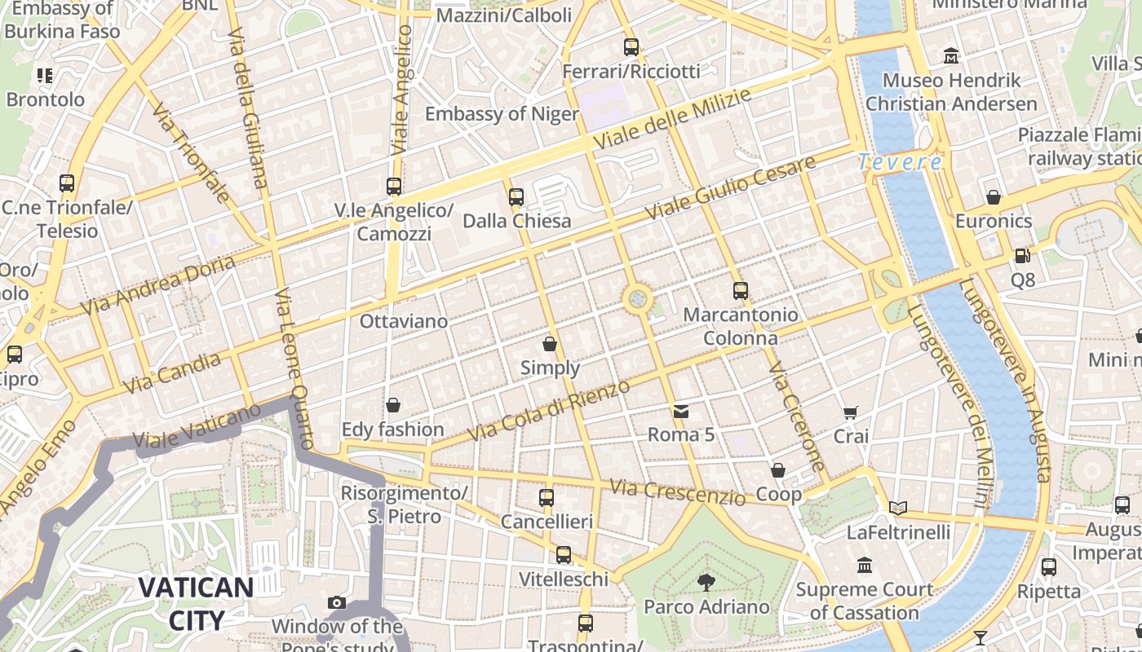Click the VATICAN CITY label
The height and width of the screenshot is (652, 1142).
click(196, 603)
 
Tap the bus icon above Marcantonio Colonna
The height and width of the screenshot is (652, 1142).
click(740, 290)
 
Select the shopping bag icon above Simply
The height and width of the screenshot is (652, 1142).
click(550, 344)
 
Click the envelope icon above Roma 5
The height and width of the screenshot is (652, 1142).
click(681, 412)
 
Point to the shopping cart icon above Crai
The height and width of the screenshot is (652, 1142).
click(851, 413)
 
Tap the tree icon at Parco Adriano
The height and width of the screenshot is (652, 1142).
click(706, 583)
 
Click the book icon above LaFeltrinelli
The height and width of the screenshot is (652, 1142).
click(898, 509)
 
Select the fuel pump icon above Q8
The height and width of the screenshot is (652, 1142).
click(1022, 256)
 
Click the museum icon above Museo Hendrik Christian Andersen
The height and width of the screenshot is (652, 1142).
click(951, 56)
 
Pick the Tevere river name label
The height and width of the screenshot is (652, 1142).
click(900, 162)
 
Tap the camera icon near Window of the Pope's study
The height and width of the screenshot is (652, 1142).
click(337, 603)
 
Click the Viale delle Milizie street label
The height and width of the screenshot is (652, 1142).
click(672, 119)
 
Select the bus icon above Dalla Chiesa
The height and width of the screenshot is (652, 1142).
click(516, 196)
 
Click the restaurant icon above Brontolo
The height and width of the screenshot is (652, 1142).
click(45, 76)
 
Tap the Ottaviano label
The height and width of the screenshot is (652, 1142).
click(404, 321)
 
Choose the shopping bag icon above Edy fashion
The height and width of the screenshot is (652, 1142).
click(393, 405)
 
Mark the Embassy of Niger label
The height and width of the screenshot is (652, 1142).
click(502, 113)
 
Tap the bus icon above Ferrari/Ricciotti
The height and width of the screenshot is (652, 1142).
click(631, 47)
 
